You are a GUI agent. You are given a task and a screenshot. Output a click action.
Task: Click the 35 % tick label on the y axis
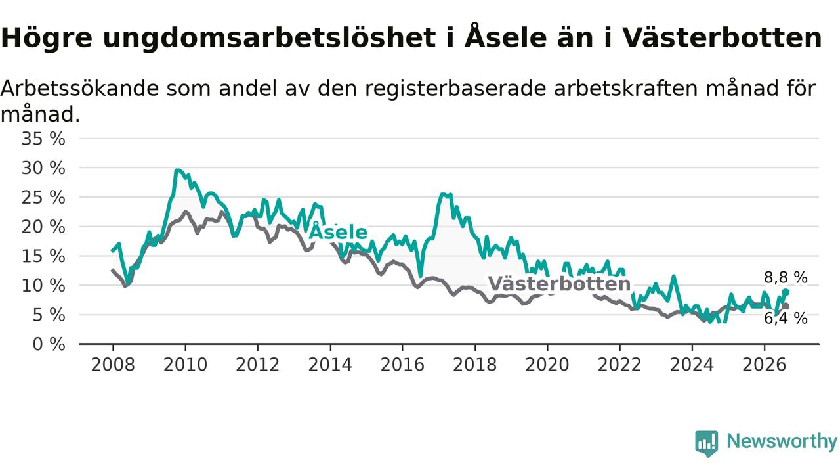[x=43, y=139]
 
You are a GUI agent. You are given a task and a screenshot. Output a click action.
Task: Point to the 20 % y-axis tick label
[x=43, y=227]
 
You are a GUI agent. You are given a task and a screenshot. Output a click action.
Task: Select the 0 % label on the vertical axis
[x=49, y=344]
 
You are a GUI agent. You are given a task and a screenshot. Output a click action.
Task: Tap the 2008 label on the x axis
[x=113, y=365]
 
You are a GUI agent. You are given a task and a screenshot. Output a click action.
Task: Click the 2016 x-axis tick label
[x=402, y=365]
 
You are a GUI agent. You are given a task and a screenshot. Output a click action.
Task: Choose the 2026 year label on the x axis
[x=765, y=365]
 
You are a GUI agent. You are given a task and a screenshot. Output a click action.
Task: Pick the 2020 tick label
[x=547, y=365]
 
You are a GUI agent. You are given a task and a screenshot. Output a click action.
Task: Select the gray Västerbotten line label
[x=560, y=284]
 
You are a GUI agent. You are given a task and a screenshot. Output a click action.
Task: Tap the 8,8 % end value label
[x=786, y=278]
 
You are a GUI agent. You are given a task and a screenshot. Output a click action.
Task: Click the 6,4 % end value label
[x=786, y=319]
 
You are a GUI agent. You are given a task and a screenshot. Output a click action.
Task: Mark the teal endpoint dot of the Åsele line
[x=786, y=292]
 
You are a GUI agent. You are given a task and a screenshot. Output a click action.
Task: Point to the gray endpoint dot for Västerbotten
[x=786, y=306]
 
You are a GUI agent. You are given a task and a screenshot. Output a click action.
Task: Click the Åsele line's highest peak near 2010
[x=177, y=170]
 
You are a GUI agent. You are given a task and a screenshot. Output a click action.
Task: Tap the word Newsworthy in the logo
[x=782, y=441]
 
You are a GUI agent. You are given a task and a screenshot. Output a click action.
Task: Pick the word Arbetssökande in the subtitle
[x=79, y=89]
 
